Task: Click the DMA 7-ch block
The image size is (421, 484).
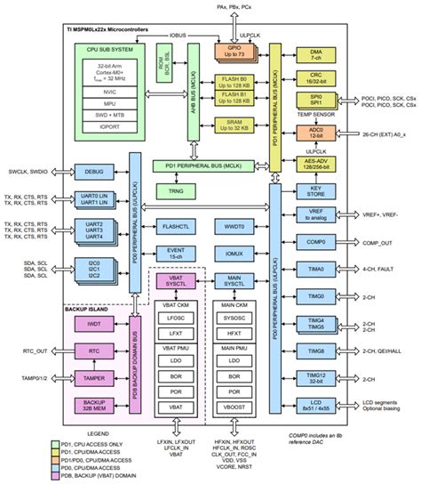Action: click(x=316, y=57)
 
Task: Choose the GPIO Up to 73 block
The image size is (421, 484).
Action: click(x=233, y=52)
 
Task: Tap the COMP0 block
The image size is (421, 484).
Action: click(x=316, y=242)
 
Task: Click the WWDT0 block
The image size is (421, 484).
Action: click(x=234, y=227)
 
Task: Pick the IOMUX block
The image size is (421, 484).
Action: click(x=234, y=253)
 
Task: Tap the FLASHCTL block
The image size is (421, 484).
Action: click(x=176, y=227)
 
